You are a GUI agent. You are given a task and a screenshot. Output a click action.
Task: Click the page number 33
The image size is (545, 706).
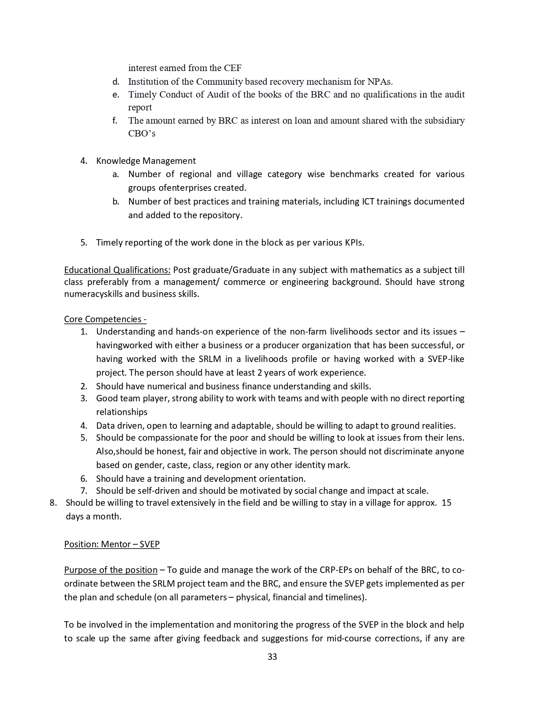click(x=272, y=657)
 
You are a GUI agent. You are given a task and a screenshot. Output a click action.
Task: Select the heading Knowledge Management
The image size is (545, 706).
click(x=146, y=161)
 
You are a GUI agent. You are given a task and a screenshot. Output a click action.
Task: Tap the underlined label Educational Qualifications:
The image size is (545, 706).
click(x=117, y=270)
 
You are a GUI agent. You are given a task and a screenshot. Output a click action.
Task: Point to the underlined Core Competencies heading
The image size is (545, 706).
click(x=105, y=319)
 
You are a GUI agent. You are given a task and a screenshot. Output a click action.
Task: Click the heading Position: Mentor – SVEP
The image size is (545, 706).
click(x=112, y=544)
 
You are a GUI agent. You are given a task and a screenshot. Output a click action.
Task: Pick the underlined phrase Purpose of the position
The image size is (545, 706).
click(x=111, y=570)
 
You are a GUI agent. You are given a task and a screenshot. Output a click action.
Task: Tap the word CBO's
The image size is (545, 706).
click(x=141, y=133)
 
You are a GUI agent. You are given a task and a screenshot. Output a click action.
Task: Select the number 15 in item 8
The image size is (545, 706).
click(x=446, y=503)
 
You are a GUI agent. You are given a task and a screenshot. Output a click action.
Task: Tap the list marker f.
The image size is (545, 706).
click(x=115, y=121)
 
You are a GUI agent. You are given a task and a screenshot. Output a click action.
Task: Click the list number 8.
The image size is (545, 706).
click(x=53, y=503)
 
